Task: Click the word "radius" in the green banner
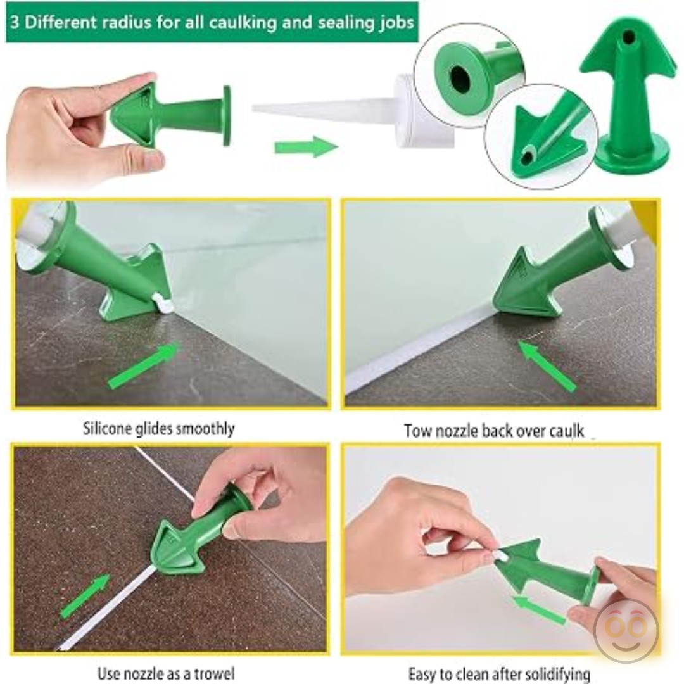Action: [127, 23]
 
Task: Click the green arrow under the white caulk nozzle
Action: [307, 146]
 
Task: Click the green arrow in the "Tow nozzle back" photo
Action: [547, 365]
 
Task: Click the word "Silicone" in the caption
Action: [107, 428]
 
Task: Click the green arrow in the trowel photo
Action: [85, 596]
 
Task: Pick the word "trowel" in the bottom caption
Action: [213, 673]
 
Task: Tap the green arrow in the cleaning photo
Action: [539, 609]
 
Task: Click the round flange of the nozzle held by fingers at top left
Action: [227, 116]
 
